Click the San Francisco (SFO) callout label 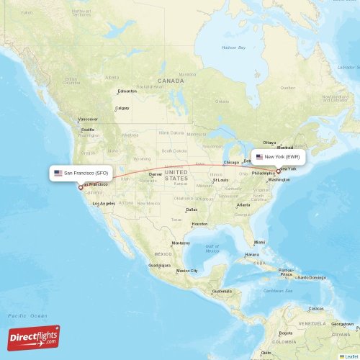(x=81, y=174)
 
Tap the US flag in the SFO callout (x=58, y=174)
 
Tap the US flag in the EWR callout (x=259, y=156)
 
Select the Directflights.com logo (x=34, y=337)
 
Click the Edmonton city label (x=127, y=91)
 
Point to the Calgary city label (x=122, y=108)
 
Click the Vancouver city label (x=89, y=119)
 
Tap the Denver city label (x=156, y=174)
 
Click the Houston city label (x=199, y=224)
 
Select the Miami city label (x=259, y=242)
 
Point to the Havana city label (x=252, y=254)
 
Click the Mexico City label (x=187, y=271)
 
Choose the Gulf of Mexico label (x=212, y=248)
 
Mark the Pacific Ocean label (x=27, y=316)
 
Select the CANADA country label (x=171, y=81)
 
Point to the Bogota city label (x=286, y=333)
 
